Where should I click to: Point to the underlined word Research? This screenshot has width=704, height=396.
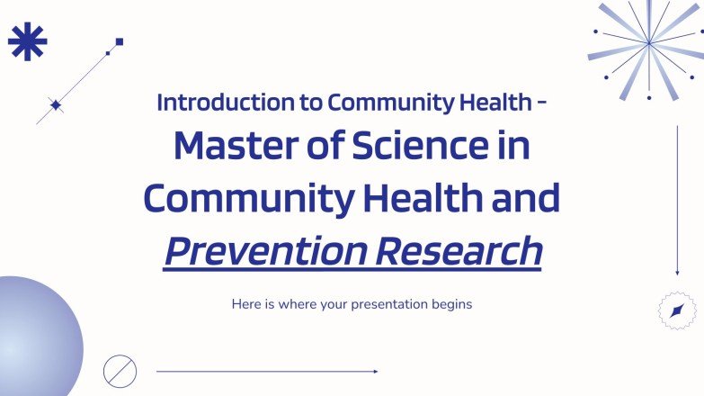466,251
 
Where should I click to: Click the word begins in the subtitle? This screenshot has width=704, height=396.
451,304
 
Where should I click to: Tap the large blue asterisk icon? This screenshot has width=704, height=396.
27,41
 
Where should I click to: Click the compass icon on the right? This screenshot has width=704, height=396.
677,310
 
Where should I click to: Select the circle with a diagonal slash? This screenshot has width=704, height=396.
120,370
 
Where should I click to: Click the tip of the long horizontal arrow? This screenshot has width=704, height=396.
376,371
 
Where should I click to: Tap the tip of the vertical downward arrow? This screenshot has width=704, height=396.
677,273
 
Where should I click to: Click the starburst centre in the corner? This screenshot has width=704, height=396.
647,42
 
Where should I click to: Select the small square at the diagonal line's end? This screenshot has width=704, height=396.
120,41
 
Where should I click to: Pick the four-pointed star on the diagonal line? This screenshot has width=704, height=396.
56,105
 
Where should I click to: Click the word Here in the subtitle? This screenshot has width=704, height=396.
246,304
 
